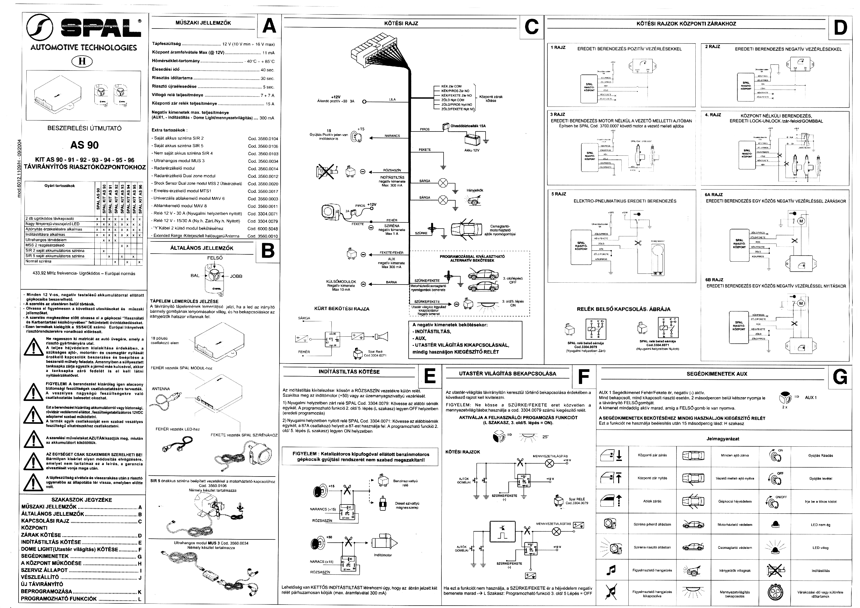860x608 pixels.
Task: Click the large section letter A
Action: pyautogui.click(x=269, y=26)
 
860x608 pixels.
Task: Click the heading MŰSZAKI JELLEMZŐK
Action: pyautogui.click(x=203, y=23)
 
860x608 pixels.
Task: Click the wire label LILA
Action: pyautogui.click(x=392, y=99)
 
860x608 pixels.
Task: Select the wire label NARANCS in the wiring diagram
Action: pyautogui.click(x=392, y=136)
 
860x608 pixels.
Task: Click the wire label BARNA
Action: pyautogui.click(x=391, y=282)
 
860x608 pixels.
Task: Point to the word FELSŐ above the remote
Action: pyautogui.click(x=215, y=258)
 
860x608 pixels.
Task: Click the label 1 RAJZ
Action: pyautogui.click(x=558, y=48)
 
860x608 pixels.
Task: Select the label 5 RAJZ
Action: pyautogui.click(x=559, y=194)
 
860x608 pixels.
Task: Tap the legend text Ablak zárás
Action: pyautogui.click(x=652, y=501)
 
